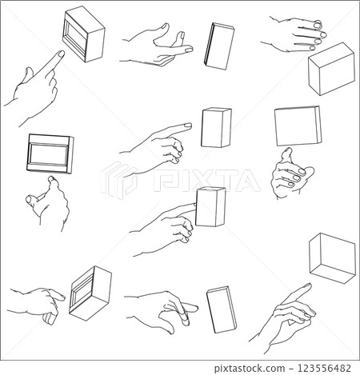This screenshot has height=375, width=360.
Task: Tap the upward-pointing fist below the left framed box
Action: pos(49,205)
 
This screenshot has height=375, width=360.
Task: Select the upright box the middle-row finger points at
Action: pos(216,128)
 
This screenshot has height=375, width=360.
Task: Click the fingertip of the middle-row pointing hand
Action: pos(187,126)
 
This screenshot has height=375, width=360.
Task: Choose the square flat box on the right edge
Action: pos(298,126)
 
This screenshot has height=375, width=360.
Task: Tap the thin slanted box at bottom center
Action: pos(221,309)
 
